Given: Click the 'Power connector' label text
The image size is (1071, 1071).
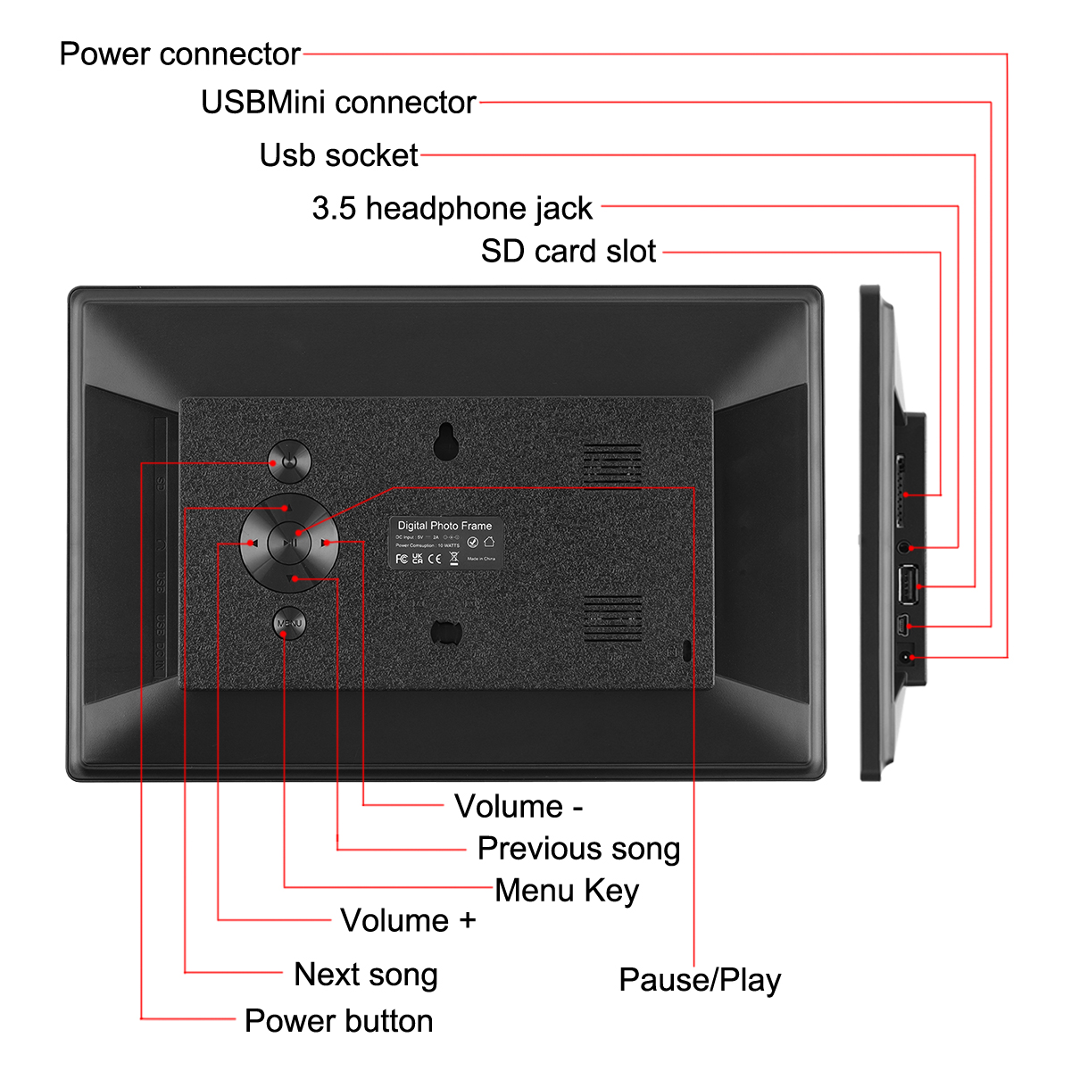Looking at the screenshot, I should coord(179,54).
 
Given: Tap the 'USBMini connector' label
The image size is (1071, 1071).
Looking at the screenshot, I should coord(338,103).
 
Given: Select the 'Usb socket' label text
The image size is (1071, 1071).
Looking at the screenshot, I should coord(338,155).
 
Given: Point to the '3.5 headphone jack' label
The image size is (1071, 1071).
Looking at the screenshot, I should coord(452,209).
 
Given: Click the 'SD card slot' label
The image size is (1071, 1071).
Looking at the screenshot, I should coord(569,252).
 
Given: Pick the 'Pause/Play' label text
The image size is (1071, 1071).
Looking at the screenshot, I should coord(700,980).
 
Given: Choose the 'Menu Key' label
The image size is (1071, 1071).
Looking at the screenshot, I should coord(567,891).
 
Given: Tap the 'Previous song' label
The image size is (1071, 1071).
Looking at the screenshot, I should coord(578,849).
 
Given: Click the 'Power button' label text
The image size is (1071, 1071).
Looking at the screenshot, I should coord(338,1021).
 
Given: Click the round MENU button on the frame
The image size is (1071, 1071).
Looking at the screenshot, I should coord(289,623).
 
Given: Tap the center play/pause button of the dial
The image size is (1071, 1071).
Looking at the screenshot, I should coord(289,542).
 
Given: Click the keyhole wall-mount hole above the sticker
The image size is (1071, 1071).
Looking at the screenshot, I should coord(445,440).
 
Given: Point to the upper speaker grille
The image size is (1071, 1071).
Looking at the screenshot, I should coord(612,461).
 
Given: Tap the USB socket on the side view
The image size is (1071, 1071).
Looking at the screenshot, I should coord(908,586).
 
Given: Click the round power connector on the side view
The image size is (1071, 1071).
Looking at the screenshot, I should coord(907,657).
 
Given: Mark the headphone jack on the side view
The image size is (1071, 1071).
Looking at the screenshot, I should coord(906,546).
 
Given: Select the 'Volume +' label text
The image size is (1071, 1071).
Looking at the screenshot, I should coord(408,921).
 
